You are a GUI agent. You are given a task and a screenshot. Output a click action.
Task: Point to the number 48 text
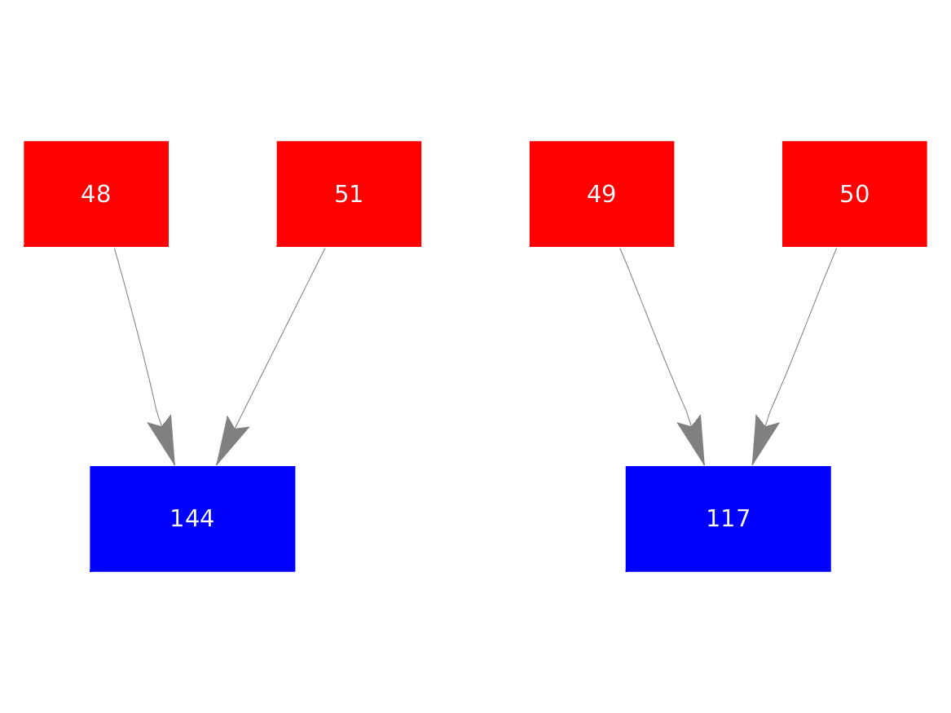(x=96, y=194)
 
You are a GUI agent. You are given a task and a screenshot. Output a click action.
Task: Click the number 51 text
(x=349, y=194)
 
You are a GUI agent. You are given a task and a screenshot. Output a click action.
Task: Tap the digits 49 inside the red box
(x=601, y=194)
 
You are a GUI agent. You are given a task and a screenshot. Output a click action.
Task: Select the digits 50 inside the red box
(x=854, y=194)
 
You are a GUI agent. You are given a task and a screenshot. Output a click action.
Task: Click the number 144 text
(x=192, y=518)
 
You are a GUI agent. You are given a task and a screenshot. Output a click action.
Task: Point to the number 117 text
(x=728, y=518)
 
